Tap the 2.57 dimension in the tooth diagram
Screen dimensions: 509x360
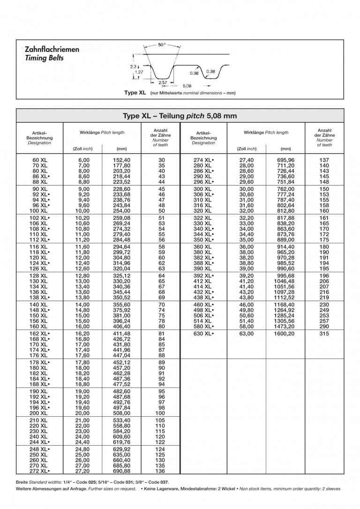[163, 82]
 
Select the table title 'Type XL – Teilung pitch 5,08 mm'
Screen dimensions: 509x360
[180, 116]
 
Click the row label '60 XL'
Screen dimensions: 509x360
[39, 160]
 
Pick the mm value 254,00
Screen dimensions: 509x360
[121, 211]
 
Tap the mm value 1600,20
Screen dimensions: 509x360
[285, 334]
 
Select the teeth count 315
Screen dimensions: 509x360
[324, 334]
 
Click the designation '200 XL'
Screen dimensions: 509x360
[39, 413]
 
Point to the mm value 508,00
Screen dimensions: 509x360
[121, 413]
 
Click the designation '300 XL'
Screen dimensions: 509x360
[203, 189]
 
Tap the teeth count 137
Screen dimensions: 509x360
[324, 160]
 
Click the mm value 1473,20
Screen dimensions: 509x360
[285, 326]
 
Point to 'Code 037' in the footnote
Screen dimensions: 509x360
[158, 482]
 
